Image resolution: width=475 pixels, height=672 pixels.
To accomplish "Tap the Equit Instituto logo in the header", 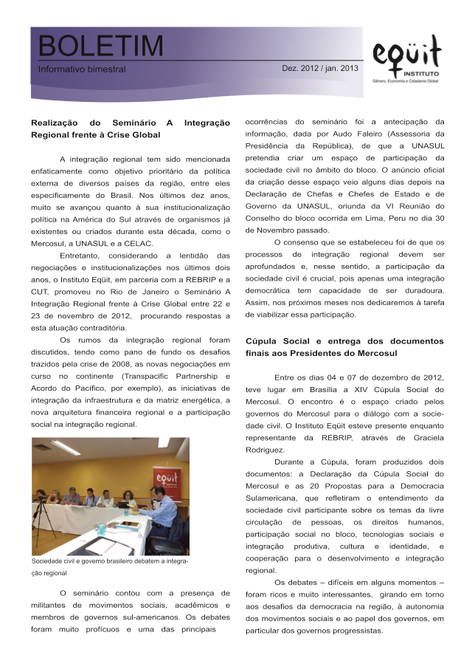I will (407, 59).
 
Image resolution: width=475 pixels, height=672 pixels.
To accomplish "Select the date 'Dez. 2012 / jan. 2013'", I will (319, 68).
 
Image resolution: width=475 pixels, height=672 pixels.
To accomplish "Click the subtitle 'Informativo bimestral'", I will (83, 69).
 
